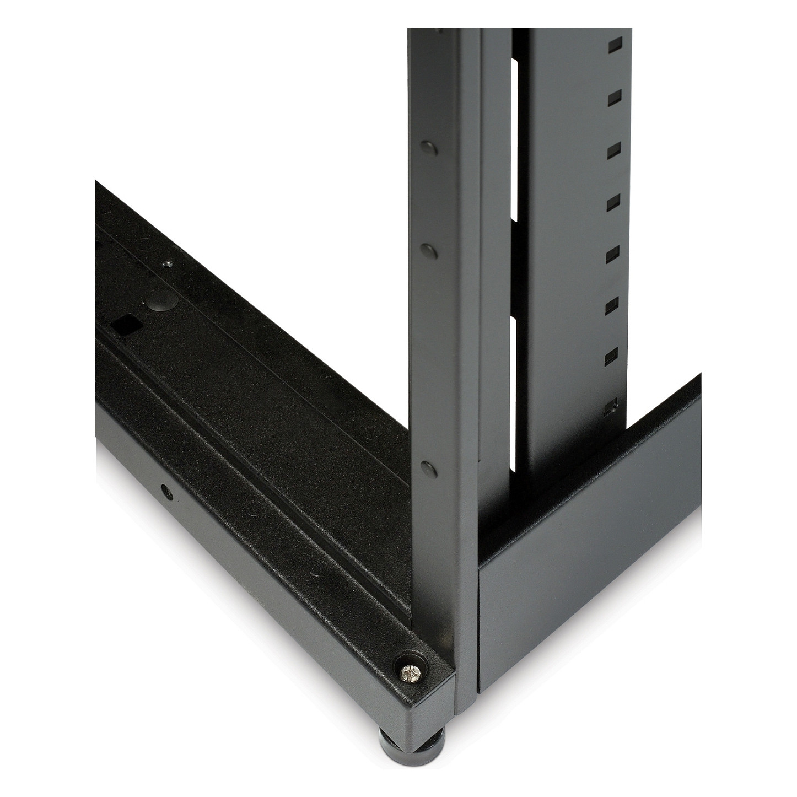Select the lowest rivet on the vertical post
point(429,468)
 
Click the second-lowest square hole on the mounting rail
point(612,358)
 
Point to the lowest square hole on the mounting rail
point(611,409)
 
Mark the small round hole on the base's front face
point(164,488)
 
